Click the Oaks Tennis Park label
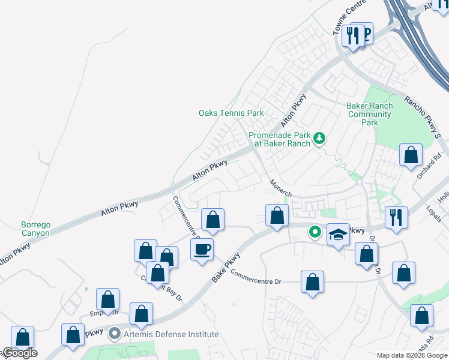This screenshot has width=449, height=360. (231, 113)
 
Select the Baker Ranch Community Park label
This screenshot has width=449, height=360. (370, 114)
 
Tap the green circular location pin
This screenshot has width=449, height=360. (315, 231)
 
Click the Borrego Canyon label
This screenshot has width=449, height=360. (35, 229)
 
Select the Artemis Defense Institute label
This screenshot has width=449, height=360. (170, 334)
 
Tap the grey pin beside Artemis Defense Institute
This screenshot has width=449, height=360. (115, 334)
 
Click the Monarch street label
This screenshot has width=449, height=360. (280, 188)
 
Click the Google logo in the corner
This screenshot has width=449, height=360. (19, 353)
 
